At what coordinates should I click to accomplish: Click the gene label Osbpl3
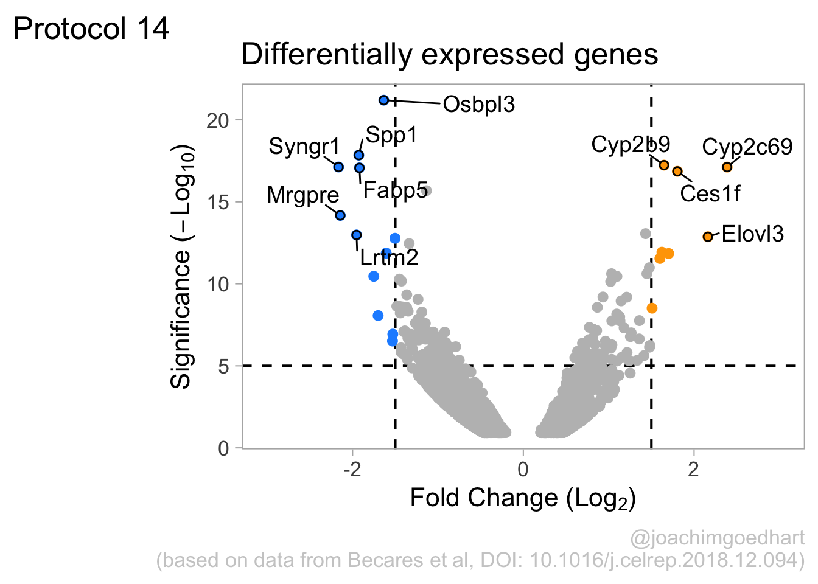479,105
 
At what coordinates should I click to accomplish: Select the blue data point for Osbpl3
383,100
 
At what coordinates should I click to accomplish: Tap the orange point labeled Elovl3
708,237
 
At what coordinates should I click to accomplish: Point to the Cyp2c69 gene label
747,147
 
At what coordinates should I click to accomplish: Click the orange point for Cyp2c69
727,167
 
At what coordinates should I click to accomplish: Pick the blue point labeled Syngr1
338,167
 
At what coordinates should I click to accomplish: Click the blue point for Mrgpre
340,215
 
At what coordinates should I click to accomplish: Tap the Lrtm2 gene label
389,257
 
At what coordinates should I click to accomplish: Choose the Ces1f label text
710,193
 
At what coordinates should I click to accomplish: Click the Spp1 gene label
391,136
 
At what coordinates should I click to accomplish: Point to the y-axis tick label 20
218,120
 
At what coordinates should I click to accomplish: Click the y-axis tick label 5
223,366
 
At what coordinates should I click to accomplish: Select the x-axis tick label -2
352,470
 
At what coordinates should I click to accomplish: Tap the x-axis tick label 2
693,470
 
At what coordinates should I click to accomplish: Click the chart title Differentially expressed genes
450,55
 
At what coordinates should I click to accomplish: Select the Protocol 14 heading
91,29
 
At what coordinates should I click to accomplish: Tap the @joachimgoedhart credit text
717,538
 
